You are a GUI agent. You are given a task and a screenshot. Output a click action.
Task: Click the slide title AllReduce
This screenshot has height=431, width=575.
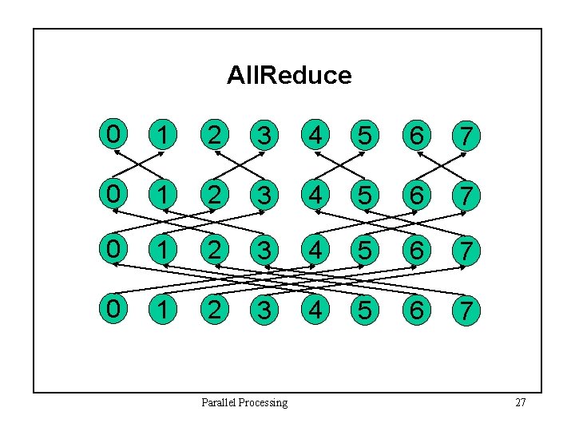click(288, 75)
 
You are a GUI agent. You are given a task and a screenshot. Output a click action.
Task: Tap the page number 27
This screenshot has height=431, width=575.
click(520, 402)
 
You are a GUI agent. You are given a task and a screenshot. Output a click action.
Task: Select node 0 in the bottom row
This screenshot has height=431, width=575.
click(113, 307)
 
